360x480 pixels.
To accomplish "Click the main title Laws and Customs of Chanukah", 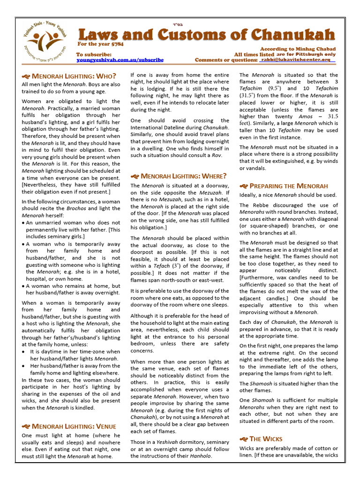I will coord(206,34).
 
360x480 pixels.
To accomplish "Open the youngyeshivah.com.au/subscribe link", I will coord(120,60).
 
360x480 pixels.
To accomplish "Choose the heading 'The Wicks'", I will coord(266,439).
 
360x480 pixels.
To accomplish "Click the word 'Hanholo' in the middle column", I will coord(199,456).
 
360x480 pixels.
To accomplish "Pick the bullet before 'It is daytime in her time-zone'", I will coord(24,352).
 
